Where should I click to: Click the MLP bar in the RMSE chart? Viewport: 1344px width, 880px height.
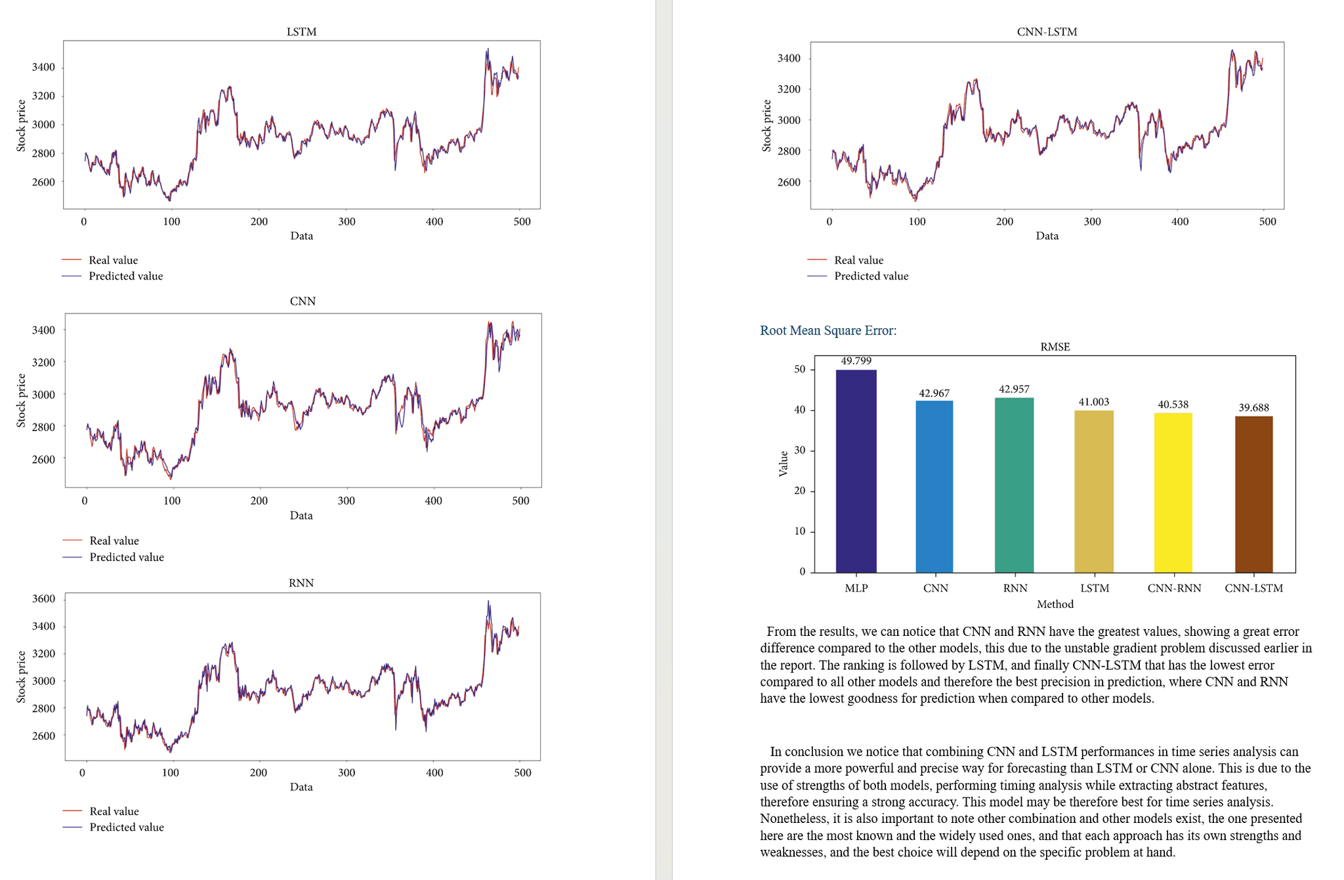point(856,471)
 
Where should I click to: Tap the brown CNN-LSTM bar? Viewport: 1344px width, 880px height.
point(1253,494)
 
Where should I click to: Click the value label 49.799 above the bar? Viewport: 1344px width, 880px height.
point(856,361)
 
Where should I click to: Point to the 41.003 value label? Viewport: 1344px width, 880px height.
point(1093,402)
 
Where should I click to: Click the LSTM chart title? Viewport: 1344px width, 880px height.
point(301,31)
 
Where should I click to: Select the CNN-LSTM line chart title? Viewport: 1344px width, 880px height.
point(1047,31)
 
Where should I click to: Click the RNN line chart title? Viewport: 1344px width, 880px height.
point(301,583)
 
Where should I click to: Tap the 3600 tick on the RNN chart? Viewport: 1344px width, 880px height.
point(43,598)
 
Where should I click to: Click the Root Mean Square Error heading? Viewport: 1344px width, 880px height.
point(828,330)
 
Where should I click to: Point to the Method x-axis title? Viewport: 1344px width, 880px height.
point(1055,604)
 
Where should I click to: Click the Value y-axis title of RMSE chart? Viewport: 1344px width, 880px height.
point(783,463)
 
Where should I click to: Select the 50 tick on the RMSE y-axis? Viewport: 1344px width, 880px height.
point(799,369)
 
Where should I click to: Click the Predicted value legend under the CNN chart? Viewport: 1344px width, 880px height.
point(126,557)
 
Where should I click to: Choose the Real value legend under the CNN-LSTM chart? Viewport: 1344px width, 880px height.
point(858,260)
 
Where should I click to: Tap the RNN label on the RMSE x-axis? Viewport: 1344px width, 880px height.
point(1015,588)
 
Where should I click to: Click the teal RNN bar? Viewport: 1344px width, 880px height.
point(1014,485)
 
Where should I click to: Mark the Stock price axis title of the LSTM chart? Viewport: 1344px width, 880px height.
point(21,125)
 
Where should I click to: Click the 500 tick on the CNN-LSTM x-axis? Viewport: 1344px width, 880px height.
point(1267,222)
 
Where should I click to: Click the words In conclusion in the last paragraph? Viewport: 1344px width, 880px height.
point(804,752)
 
